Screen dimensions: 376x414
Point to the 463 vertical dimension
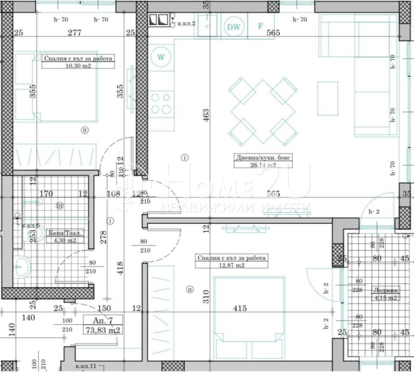point(205,115)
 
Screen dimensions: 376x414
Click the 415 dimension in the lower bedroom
point(239,308)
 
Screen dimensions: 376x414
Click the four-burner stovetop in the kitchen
point(161,102)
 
